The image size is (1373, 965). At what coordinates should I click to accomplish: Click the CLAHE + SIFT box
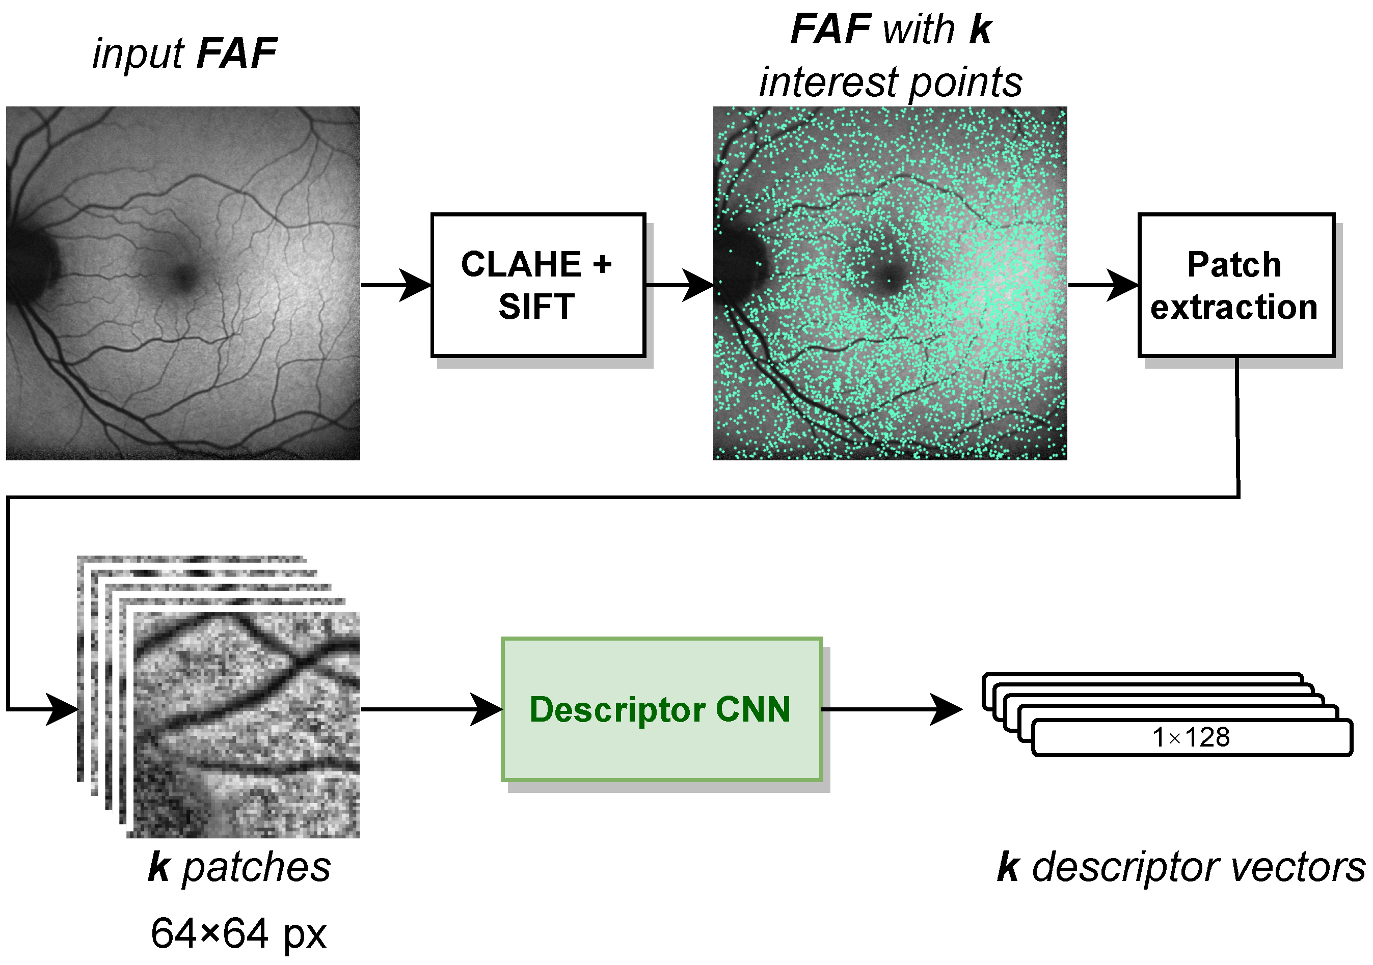(x=537, y=285)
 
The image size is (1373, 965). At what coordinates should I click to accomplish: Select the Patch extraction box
(x=1235, y=285)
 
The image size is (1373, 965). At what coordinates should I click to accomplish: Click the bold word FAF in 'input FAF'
(x=236, y=54)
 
